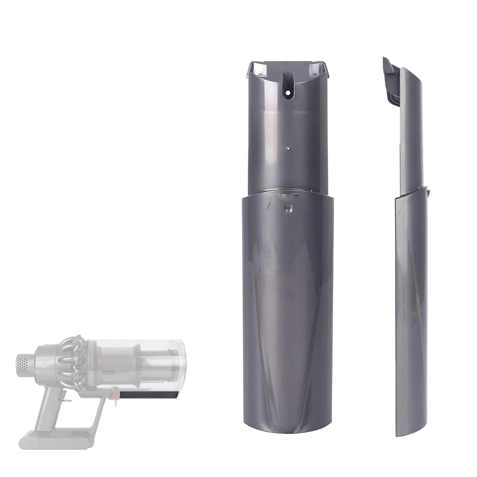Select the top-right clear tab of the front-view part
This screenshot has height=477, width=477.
318,69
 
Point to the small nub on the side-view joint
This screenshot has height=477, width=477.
428,193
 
